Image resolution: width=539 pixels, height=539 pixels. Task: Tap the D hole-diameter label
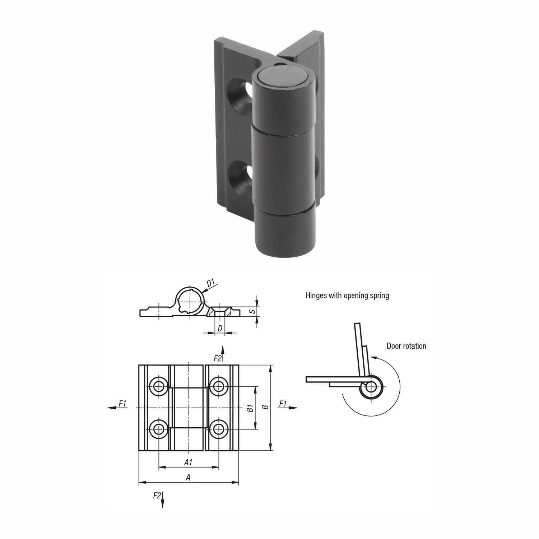click(x=220, y=328)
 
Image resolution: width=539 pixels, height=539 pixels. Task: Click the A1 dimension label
click(x=188, y=463)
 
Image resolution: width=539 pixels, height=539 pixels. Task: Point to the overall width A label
click(x=187, y=477)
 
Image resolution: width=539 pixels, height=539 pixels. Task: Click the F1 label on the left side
click(x=122, y=404)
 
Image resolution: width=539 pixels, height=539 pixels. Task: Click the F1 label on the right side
click(x=283, y=404)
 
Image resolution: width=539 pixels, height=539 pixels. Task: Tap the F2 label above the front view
click(x=218, y=358)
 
